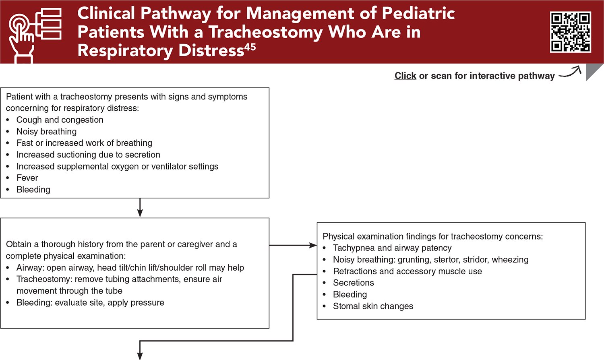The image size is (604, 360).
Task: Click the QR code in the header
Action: coord(570,32)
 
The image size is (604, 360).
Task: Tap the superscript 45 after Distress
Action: coord(250,47)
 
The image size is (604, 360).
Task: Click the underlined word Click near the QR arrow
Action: coord(405,76)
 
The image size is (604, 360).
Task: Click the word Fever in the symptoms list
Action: coord(27,178)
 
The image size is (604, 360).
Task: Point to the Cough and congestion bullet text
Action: coord(60,120)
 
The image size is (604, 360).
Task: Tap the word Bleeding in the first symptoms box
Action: coord(33,190)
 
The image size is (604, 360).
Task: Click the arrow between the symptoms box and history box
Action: coord(140,208)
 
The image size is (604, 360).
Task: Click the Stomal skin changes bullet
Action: coord(373,306)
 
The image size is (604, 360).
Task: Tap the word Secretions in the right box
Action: coord(353,283)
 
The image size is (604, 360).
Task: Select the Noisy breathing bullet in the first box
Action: coord(46,132)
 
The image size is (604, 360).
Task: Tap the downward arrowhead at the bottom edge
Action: coord(140,356)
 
